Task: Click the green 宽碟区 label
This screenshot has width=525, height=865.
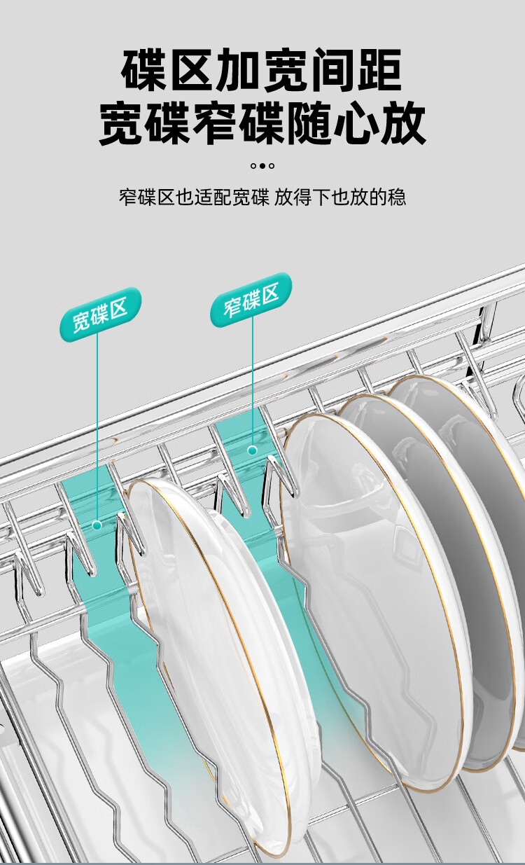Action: [100, 314]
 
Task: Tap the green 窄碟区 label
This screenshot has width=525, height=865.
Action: [251, 300]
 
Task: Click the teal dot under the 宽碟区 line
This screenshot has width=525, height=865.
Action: [97, 525]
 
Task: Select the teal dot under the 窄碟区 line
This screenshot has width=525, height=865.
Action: [253, 450]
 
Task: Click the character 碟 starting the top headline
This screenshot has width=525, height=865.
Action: [144, 69]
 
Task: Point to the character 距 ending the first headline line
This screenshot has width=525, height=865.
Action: [381, 69]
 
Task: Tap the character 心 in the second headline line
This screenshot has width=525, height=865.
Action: [356, 123]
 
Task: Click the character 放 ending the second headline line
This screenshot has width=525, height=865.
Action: [403, 123]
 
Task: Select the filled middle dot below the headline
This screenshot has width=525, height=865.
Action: [262, 166]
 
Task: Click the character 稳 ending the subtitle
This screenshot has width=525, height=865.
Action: [397, 198]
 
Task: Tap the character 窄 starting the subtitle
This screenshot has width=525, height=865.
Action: [128, 198]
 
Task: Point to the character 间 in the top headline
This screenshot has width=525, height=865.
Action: [333, 69]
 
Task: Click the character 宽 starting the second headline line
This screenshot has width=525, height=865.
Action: [121, 123]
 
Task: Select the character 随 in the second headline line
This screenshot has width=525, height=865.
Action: [309, 123]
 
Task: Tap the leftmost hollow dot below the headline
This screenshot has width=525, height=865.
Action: [253, 166]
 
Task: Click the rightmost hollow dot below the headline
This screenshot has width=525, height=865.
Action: [272, 166]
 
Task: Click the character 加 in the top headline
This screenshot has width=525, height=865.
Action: [239, 69]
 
